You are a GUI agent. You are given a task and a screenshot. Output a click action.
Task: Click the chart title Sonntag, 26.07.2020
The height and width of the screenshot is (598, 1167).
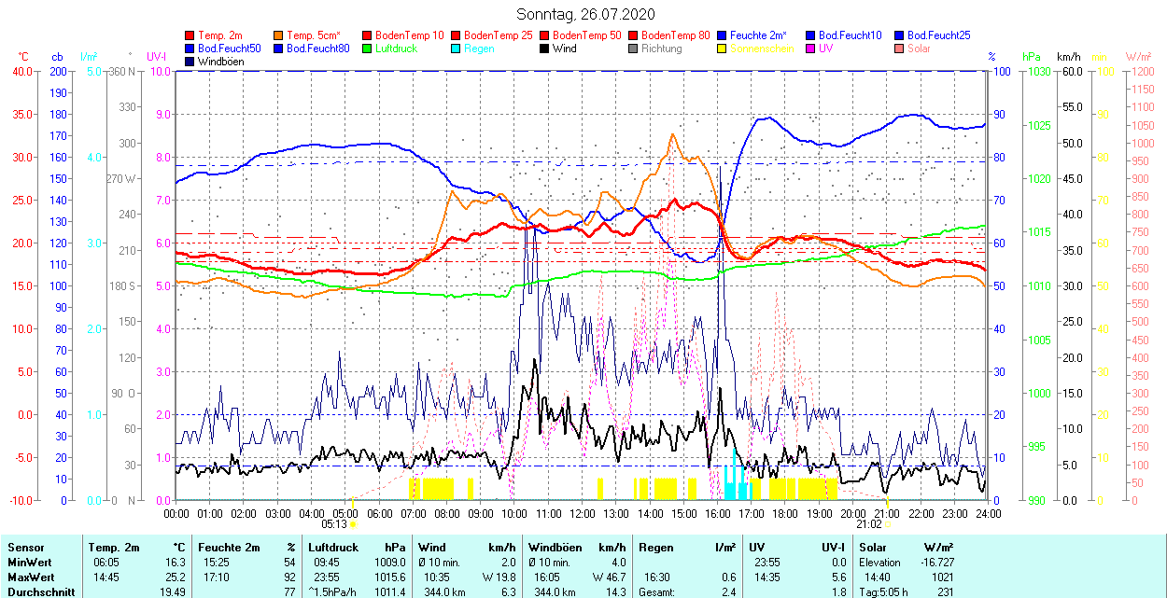[x=585, y=14]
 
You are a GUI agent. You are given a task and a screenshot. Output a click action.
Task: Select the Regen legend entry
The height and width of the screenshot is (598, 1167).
[x=479, y=49]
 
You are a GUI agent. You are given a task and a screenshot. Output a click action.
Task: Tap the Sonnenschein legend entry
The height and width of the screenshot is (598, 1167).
[x=762, y=49]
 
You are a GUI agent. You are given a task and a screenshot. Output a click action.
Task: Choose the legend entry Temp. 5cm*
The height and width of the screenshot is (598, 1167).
[x=314, y=35]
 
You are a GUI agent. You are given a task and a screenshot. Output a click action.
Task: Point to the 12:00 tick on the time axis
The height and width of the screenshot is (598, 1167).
[x=583, y=513]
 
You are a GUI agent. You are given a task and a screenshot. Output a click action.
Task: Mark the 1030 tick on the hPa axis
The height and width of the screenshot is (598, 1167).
[x=1037, y=71]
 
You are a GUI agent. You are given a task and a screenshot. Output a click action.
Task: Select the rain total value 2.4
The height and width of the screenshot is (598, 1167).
[x=728, y=592]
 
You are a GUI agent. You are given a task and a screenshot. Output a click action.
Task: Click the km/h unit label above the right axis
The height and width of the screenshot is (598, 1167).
[x=1069, y=57]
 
